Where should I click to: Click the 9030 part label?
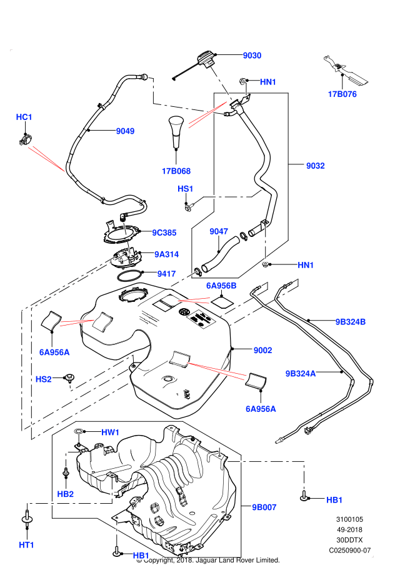252,56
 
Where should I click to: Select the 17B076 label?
342,95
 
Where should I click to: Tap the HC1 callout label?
24,117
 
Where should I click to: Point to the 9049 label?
125,131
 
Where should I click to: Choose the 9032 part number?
315,166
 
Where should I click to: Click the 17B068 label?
176,171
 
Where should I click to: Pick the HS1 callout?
186,189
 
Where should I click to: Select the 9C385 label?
164,232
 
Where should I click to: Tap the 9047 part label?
218,232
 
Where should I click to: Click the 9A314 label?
167,254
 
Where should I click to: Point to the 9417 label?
166,273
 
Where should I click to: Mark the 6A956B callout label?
221,286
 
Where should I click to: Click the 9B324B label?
350,322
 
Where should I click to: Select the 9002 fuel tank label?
262,351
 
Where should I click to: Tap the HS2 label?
43,379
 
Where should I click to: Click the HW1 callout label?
111,432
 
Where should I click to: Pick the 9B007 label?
264,507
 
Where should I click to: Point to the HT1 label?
26,545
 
